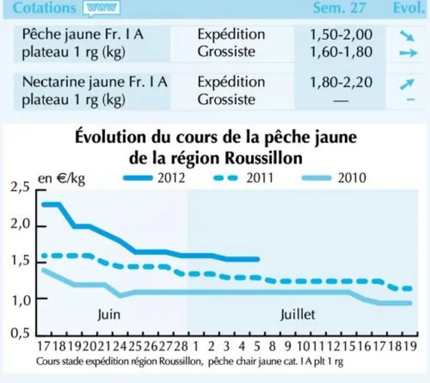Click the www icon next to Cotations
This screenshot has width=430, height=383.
tap(102, 8)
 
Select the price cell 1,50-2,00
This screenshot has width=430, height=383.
tap(341, 35)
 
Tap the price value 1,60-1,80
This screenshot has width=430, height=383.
tap(341, 52)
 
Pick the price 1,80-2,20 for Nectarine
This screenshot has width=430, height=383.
tap(341, 82)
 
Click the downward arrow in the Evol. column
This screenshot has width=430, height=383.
tap(407, 36)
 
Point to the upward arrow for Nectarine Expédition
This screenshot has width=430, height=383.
tap(407, 84)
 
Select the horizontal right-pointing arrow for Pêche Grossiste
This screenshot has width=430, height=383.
tap(408, 53)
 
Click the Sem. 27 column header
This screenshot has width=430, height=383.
tap(340, 8)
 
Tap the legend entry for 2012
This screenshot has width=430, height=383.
tap(154, 178)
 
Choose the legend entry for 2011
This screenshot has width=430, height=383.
tap(243, 178)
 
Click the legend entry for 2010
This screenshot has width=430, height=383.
tap(334, 178)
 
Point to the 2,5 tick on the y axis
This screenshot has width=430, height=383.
tap(20, 188)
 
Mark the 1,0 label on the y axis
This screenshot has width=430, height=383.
tap(20, 301)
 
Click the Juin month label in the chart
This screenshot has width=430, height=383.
tap(109, 315)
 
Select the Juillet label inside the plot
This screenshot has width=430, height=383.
tap(298, 315)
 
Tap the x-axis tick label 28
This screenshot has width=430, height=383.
tap(181, 346)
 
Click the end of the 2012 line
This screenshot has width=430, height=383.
tap(258, 259)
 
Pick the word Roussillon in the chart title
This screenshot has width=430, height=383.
tap(264, 158)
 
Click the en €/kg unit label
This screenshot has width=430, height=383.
tap(61, 179)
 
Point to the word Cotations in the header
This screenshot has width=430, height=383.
tap(45, 8)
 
